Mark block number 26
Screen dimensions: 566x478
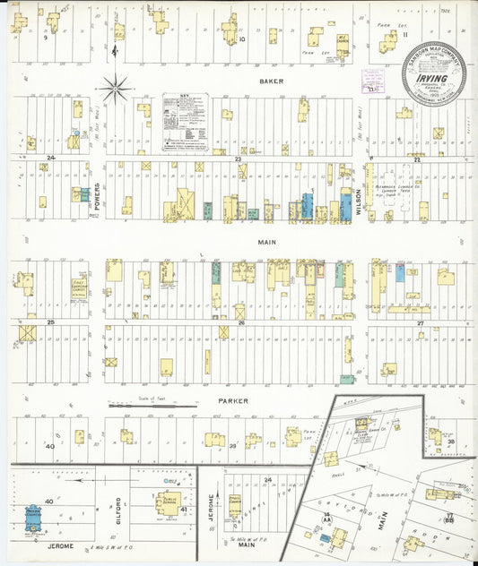click(x=240, y=322)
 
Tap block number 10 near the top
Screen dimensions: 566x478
click(x=241, y=39)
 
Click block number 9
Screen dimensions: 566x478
click(x=44, y=39)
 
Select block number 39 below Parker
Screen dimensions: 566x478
click(x=232, y=445)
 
